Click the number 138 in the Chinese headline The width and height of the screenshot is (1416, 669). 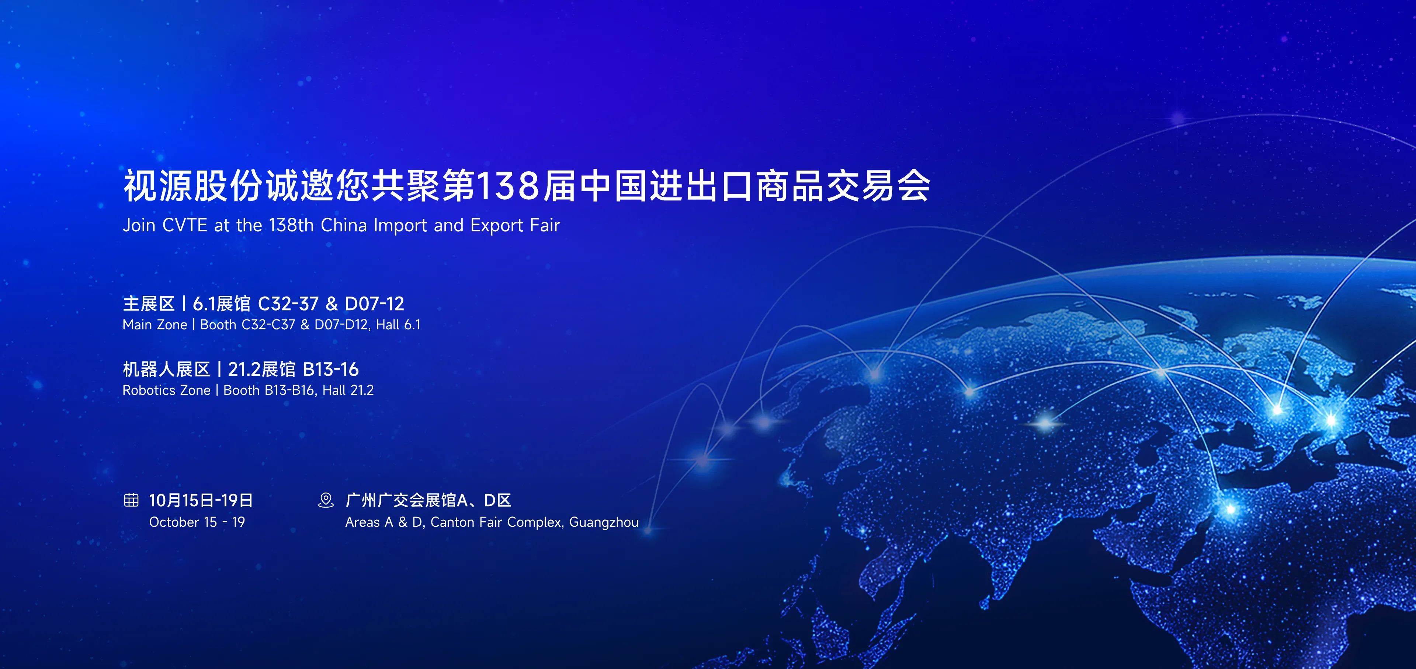[507, 186]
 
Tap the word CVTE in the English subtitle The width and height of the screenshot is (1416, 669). [185, 225]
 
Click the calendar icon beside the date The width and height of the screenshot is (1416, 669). [131, 500]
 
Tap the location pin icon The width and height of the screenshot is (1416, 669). [326, 500]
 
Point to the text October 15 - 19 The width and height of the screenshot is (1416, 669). [197, 522]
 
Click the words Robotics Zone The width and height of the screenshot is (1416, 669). [167, 390]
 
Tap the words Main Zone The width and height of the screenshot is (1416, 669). [155, 325]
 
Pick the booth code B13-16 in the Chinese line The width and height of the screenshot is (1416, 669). [331, 369]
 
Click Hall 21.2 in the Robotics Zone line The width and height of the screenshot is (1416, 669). [348, 390]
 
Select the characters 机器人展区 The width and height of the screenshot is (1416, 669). [167, 369]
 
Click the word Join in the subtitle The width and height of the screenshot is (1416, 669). [138, 225]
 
